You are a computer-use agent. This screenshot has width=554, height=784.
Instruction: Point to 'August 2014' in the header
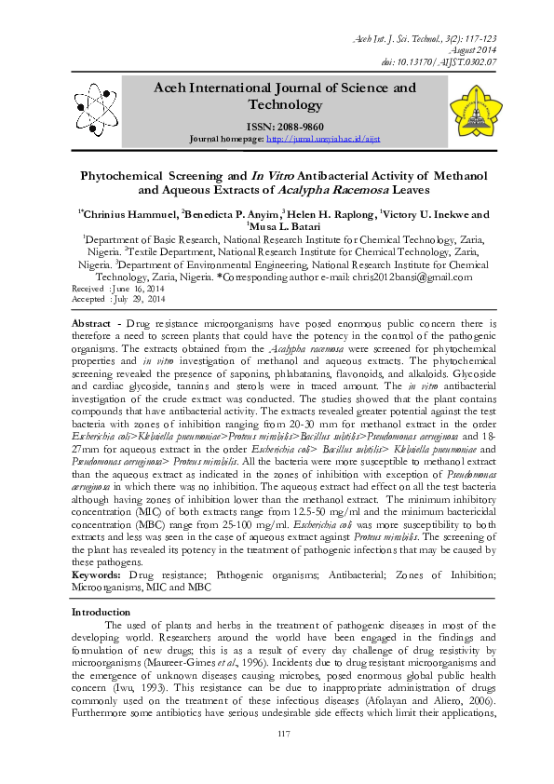tap(475, 47)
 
